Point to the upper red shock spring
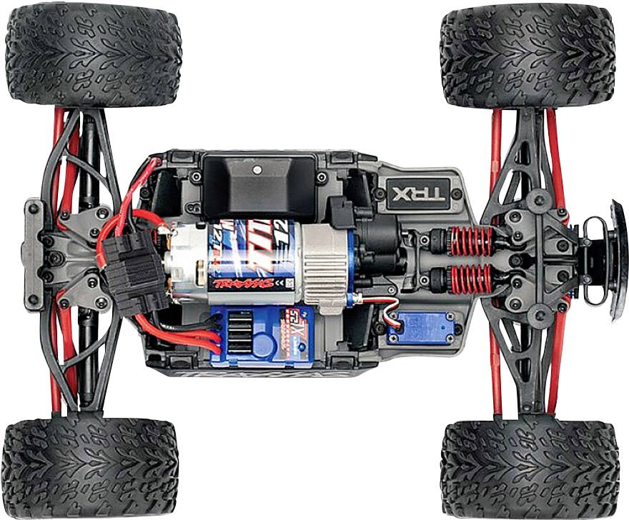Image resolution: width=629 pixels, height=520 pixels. point(471,241)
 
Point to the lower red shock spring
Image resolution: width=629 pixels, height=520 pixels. point(471,278)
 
